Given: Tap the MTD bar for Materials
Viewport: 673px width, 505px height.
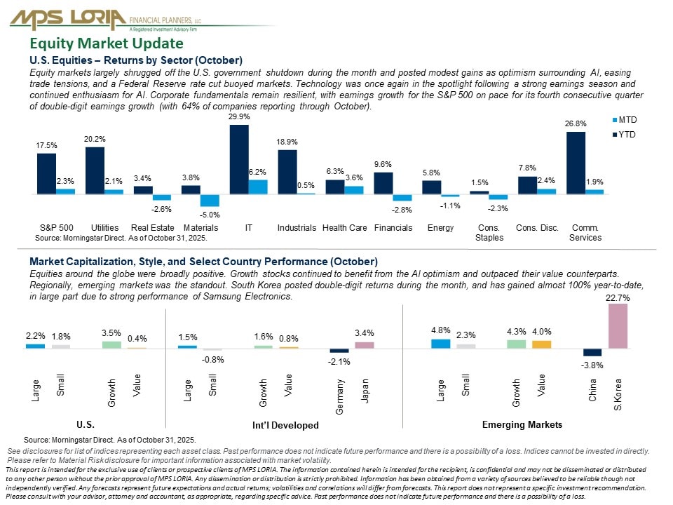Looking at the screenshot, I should click(209, 200).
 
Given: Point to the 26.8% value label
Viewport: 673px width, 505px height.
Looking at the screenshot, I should click(575, 123).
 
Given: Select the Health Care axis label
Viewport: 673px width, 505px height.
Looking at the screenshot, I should click(344, 228).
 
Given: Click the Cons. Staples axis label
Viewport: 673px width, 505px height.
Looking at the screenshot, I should click(489, 232).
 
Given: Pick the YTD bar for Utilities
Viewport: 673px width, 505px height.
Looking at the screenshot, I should click(95, 170).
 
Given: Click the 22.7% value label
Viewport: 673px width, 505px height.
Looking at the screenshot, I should click(618, 297).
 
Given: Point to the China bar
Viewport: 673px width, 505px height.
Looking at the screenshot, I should click(592, 352).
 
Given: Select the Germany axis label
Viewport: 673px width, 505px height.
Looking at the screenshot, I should click(340, 397).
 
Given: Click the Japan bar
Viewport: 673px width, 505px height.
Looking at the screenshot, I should click(365, 344).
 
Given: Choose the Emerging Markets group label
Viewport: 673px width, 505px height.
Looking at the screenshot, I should click(522, 425).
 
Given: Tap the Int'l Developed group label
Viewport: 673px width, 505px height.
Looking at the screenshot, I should click(285, 426).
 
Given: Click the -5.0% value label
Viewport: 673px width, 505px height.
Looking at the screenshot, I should click(210, 214).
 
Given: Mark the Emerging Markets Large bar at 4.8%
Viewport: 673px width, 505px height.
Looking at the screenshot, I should click(441, 344).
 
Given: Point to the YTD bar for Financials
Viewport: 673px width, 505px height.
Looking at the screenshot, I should click(383, 182).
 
